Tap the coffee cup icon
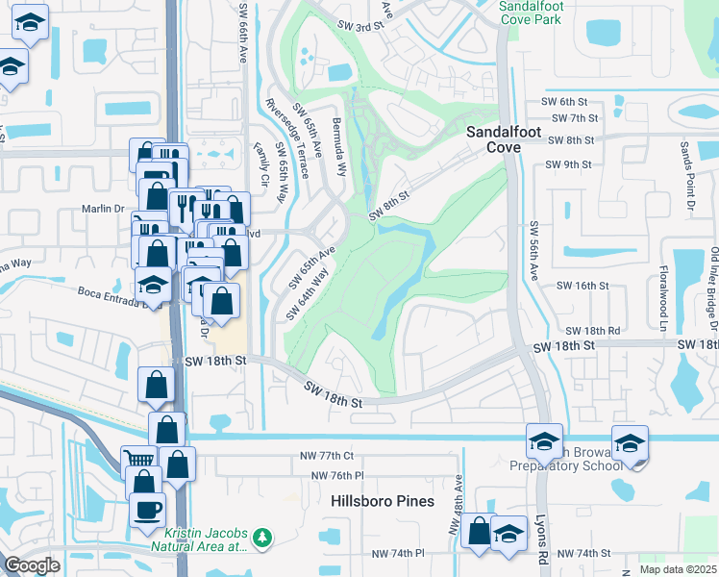[147, 510]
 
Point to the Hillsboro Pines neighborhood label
[383, 501]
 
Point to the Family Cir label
[259, 163]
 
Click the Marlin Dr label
[107, 208]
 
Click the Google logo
[32, 565]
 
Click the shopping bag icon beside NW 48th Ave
[478, 531]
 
